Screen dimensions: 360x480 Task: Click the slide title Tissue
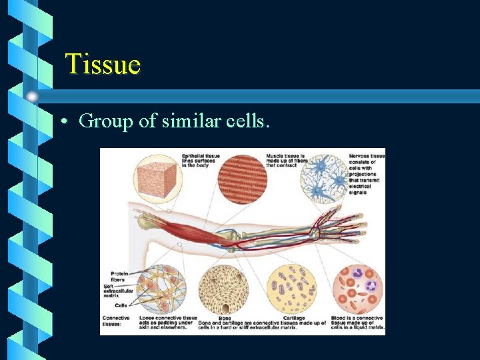click(x=103, y=65)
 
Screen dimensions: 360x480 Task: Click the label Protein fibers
click(x=119, y=276)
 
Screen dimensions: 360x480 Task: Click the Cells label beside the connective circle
click(x=121, y=305)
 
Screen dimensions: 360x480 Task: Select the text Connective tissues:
click(x=116, y=321)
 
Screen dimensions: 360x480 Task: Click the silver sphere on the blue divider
click(x=32, y=97)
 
